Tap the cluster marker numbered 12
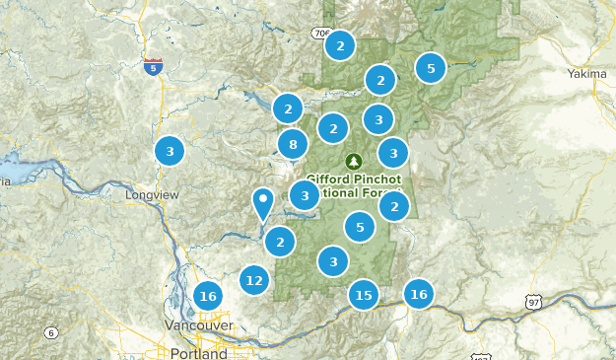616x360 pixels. (x=255, y=280)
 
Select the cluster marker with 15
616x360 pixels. (x=364, y=294)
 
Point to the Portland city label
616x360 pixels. (x=197, y=352)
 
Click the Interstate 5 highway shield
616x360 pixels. (x=153, y=66)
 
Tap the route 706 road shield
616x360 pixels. (x=321, y=34)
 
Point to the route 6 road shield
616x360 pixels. (x=49, y=333)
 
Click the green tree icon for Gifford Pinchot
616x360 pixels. (x=354, y=161)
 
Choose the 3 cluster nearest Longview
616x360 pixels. (x=170, y=151)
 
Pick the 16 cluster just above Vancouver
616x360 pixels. (x=207, y=295)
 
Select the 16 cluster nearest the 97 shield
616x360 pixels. (x=419, y=293)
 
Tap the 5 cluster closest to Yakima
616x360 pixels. (x=431, y=68)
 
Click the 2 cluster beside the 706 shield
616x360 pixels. (x=340, y=45)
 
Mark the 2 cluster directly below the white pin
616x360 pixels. (x=281, y=241)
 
